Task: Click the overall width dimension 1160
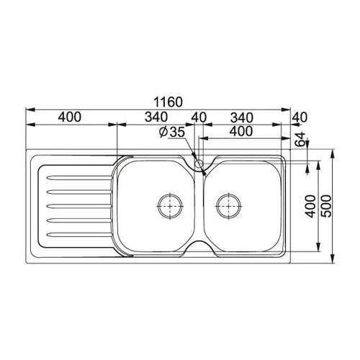pyautogui.click(x=168, y=102)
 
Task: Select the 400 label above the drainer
pyautogui.click(x=70, y=117)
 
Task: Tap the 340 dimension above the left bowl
pyautogui.click(x=156, y=117)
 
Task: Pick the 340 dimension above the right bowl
pyautogui.click(x=242, y=118)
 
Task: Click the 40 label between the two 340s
pyautogui.click(x=199, y=117)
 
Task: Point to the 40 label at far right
pyautogui.click(x=300, y=117)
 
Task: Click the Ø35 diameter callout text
pyautogui.click(x=172, y=132)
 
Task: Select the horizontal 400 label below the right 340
pyautogui.click(x=241, y=131)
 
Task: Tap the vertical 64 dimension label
pyautogui.click(x=300, y=139)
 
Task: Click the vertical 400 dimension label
pyautogui.click(x=311, y=207)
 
